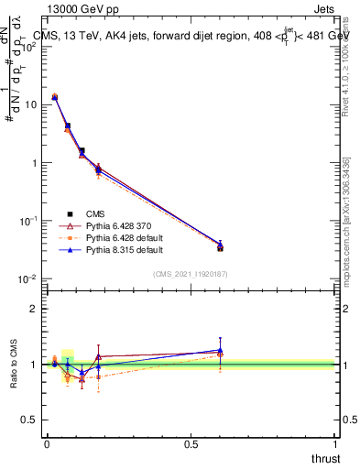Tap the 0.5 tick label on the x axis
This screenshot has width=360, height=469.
191,444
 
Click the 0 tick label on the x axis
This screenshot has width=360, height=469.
47,444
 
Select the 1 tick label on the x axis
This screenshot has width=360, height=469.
335,444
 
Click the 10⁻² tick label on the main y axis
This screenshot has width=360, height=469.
29,279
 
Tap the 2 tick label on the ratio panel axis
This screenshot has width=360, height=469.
34,309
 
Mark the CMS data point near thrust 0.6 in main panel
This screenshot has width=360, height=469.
220,247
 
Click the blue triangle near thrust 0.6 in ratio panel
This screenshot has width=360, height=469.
220,350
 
